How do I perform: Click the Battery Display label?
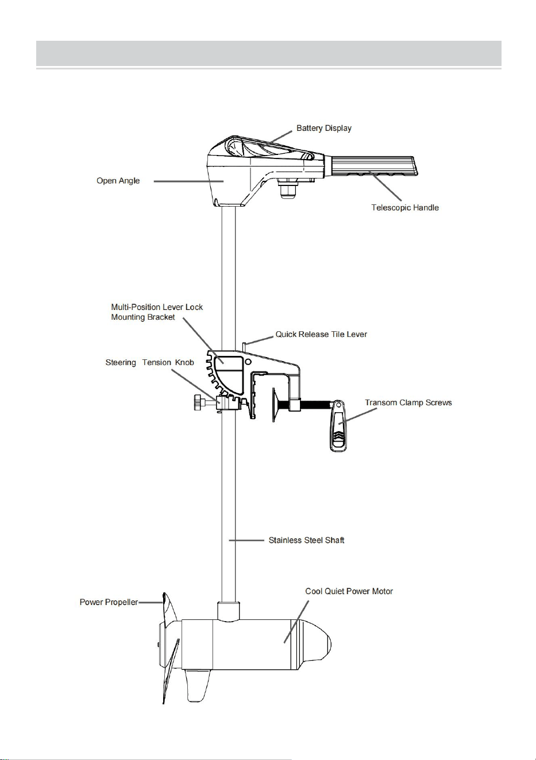tap(323, 128)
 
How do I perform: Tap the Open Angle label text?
tap(118, 180)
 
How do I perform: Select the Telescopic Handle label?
tap(405, 208)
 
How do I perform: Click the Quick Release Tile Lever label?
tap(321, 334)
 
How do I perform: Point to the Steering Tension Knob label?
tap(149, 362)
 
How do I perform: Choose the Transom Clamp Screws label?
tap(408, 403)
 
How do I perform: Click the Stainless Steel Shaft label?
tap(306, 540)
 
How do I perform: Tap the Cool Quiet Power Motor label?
tap(349, 591)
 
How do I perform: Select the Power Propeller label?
tap(109, 602)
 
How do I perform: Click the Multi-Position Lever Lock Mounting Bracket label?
tap(157, 312)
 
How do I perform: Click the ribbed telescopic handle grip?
tap(373, 166)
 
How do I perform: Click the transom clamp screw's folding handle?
tap(338, 425)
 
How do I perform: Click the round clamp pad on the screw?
tap(274, 405)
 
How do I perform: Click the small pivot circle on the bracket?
tap(248, 361)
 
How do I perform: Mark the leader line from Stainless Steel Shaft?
tap(246, 540)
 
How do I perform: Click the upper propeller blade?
tap(171, 611)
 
